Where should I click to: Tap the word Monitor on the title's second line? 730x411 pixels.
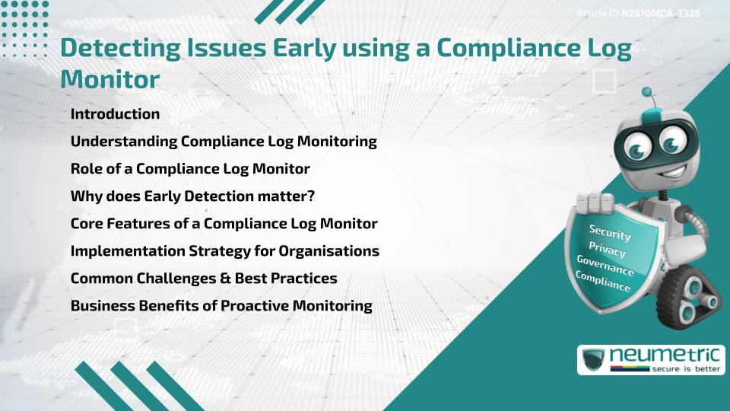click(109, 78)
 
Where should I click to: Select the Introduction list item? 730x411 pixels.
click(115, 114)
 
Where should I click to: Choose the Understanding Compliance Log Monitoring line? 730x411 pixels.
click(224, 142)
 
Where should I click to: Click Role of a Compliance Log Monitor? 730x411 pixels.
click(189, 169)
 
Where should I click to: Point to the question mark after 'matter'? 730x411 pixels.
click(311, 196)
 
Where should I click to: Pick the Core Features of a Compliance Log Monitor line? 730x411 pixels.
click(224, 224)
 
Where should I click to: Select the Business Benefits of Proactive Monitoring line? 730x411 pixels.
click(221, 306)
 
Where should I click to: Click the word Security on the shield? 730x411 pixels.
click(610, 233)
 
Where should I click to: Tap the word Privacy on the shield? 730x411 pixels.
click(607, 250)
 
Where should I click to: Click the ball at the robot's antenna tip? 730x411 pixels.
click(648, 92)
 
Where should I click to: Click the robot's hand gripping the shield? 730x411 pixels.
click(595, 202)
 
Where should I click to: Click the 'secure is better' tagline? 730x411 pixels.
click(684, 368)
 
